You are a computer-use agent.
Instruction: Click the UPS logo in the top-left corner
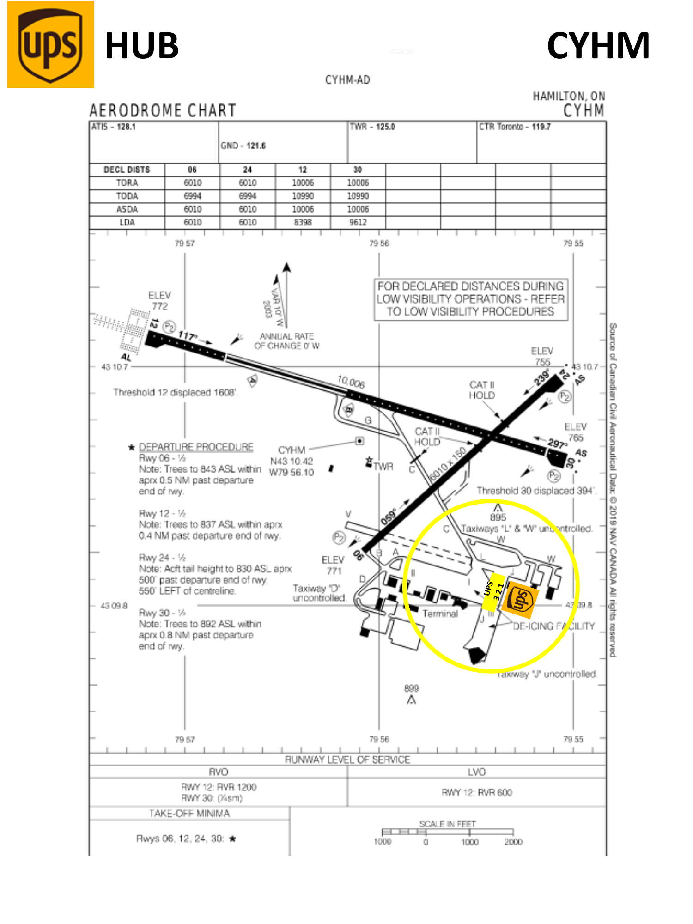(x=51, y=45)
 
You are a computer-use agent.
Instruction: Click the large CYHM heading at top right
(x=598, y=46)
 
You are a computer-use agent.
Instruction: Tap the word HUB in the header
(x=142, y=46)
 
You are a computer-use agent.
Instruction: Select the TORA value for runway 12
(x=303, y=183)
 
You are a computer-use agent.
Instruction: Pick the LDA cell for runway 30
(x=358, y=222)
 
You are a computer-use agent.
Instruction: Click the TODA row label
(x=127, y=196)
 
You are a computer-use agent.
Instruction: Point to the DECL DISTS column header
(x=127, y=170)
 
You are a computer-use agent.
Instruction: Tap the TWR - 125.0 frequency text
(x=372, y=127)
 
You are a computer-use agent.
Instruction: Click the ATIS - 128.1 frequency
(x=114, y=127)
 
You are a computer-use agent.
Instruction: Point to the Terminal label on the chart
(x=440, y=614)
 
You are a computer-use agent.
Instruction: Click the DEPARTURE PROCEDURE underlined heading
(x=196, y=447)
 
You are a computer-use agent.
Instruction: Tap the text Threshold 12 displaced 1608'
(x=176, y=392)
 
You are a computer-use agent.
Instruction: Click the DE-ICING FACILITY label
(x=553, y=626)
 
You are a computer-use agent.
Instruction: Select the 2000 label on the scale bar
(x=513, y=842)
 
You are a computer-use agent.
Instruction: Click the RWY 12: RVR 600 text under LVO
(x=477, y=792)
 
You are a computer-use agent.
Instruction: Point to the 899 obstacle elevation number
(x=411, y=688)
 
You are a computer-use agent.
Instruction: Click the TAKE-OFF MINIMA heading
(x=189, y=813)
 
